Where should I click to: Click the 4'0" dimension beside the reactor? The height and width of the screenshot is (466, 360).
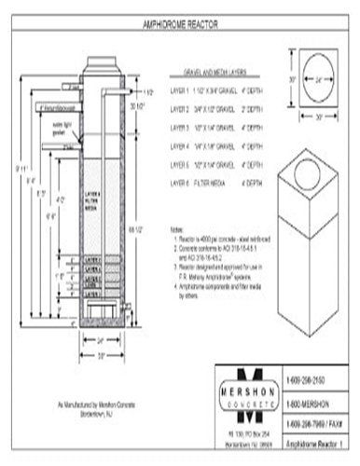point(59,199)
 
